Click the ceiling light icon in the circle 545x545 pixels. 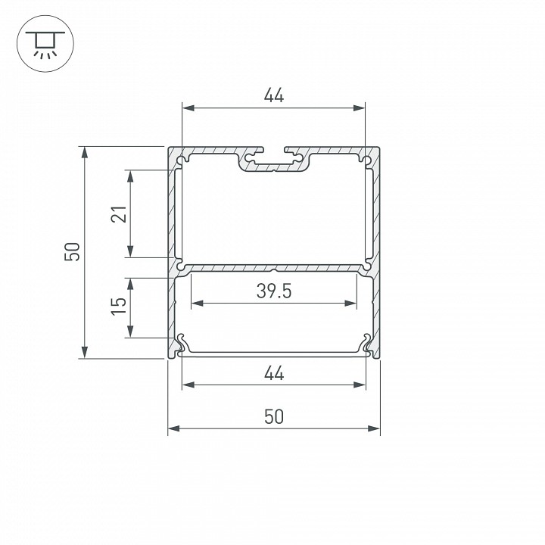pos(42,45)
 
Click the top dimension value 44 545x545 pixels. pos(273,96)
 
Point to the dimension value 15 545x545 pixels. pos(119,306)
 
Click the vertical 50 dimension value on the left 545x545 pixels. pos(72,252)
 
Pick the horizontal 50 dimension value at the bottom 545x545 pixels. pos(273,416)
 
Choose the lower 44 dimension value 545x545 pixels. pos(273,372)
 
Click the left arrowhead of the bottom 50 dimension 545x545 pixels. pos(173,429)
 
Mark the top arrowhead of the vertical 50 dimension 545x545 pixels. pos(85,152)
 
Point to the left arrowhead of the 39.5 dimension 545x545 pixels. pos(197,304)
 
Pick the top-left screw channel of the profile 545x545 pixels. pos(183,160)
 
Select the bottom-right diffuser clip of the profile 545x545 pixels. pos(368,344)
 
